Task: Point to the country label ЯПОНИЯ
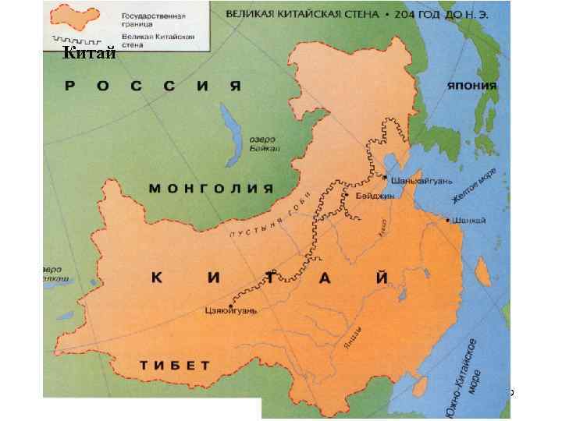coord(472,87)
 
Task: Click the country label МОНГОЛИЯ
coord(211,189)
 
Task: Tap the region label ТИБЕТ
coord(176,365)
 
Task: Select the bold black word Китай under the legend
coord(89,54)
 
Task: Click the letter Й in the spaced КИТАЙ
coord(381,278)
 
